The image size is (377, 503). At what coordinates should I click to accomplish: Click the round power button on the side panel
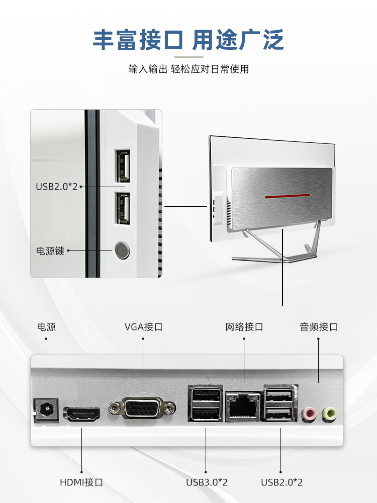pos(122,250)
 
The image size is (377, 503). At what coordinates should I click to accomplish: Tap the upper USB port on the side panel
pos(123,166)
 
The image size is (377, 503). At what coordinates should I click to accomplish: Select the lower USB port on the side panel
pos(123,207)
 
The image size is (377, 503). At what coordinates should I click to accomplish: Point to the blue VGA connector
pos(142,408)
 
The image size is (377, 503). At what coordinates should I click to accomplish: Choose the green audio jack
pos(329,413)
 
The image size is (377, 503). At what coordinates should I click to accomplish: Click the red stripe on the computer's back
pos(288,195)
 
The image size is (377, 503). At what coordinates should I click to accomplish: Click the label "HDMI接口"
pos(81,482)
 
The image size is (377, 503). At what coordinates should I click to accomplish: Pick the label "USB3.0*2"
pos(207,482)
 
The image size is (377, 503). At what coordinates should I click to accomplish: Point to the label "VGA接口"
pos(144,327)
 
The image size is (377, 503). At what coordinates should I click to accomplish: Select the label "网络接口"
pos(244,327)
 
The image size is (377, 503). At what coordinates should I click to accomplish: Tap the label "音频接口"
pos(319,327)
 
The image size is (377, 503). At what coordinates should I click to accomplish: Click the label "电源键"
pos(50,250)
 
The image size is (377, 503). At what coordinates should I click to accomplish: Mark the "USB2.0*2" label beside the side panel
pos(56,187)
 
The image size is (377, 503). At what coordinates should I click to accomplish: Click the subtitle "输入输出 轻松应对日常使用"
pos(189,69)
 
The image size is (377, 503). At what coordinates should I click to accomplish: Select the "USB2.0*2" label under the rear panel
pos(281,482)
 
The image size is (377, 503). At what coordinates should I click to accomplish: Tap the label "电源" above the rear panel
pos(46,327)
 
